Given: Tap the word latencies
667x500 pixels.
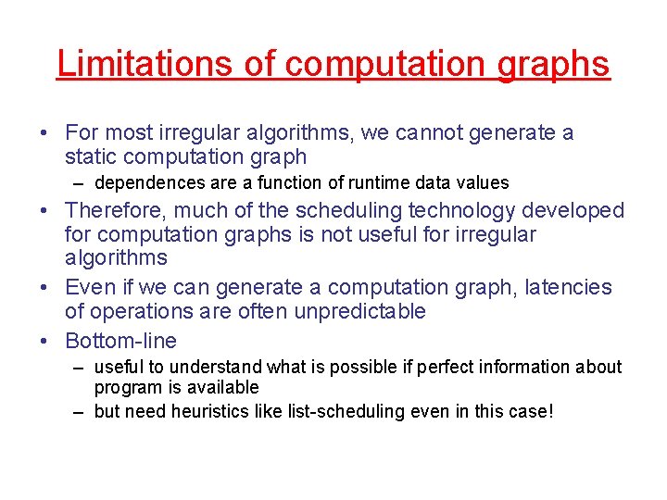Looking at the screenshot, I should [x=569, y=288].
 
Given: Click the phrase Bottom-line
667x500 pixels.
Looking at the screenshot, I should [x=120, y=340].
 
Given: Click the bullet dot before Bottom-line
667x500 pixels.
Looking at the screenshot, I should [x=45, y=340].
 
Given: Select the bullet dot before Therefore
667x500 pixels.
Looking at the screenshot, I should [x=45, y=211].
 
